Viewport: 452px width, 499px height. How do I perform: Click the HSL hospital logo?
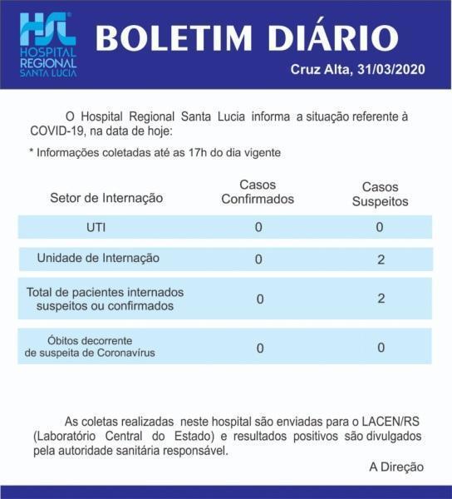point(47,45)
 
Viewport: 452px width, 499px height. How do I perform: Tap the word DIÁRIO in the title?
point(332,37)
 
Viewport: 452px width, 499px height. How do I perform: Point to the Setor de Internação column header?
point(106,198)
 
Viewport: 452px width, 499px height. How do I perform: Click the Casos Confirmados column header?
point(258,192)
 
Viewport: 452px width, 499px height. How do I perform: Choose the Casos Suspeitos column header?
point(380,194)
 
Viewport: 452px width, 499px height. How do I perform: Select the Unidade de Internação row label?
point(98,259)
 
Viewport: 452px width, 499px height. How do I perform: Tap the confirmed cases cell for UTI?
point(258,227)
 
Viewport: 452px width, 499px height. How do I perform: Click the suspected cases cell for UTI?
point(380,227)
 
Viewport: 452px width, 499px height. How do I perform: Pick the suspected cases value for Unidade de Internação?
point(381,259)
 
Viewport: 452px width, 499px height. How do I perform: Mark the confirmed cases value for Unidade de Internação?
point(258,259)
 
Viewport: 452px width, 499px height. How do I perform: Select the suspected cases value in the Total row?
point(381,299)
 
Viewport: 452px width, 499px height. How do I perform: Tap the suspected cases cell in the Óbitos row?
point(381,348)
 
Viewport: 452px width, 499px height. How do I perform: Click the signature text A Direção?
point(396,467)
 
